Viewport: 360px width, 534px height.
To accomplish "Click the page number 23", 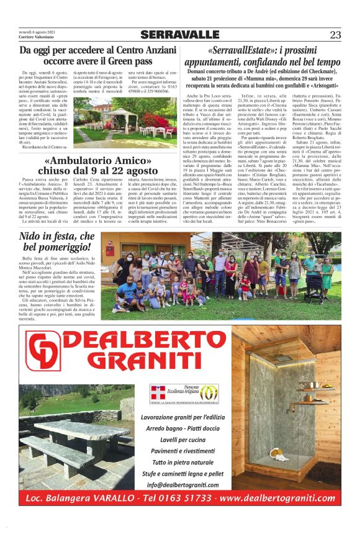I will tap(335, 35).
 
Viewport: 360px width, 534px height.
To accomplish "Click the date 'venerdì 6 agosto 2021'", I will tap(37, 31).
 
